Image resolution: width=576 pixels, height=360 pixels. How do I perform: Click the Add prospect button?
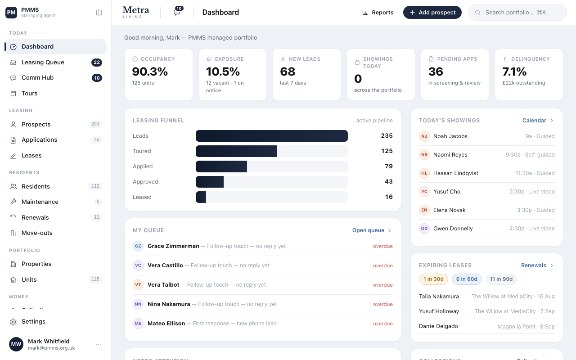click(x=432, y=12)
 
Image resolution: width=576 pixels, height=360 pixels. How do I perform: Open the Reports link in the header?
click(x=378, y=12)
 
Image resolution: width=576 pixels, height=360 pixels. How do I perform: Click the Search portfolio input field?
click(x=517, y=12)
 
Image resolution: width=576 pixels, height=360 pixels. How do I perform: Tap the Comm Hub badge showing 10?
click(x=97, y=78)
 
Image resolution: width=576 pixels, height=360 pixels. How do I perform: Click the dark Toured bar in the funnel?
click(x=236, y=151)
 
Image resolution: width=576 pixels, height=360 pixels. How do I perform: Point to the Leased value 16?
click(x=389, y=197)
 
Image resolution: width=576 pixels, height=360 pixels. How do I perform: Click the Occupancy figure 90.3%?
click(x=150, y=72)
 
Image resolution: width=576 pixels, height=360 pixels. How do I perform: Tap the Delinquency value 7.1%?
click(x=514, y=72)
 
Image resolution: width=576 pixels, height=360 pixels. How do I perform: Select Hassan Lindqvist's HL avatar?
click(x=424, y=173)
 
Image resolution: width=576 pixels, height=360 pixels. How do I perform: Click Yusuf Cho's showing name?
click(x=447, y=192)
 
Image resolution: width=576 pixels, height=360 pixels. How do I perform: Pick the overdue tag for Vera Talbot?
click(x=383, y=285)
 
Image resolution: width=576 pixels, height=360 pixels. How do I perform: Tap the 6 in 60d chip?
click(x=467, y=279)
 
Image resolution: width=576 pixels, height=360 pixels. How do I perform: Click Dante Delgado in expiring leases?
click(x=438, y=326)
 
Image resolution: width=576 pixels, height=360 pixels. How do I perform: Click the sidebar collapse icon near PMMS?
click(x=99, y=13)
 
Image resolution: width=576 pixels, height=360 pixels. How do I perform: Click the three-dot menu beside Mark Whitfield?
click(x=99, y=344)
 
